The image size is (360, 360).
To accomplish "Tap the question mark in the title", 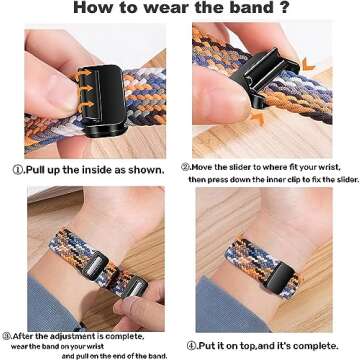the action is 283,8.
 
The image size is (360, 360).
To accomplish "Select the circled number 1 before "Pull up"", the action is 17,170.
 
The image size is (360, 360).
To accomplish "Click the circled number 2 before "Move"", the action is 185,167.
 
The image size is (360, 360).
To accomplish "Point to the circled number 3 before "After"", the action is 7,336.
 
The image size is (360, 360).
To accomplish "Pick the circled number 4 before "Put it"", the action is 191,346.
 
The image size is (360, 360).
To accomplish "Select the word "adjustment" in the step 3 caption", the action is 73,336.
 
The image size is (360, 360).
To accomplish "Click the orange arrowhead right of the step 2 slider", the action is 308,64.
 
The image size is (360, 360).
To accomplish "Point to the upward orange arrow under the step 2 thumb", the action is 257,118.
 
